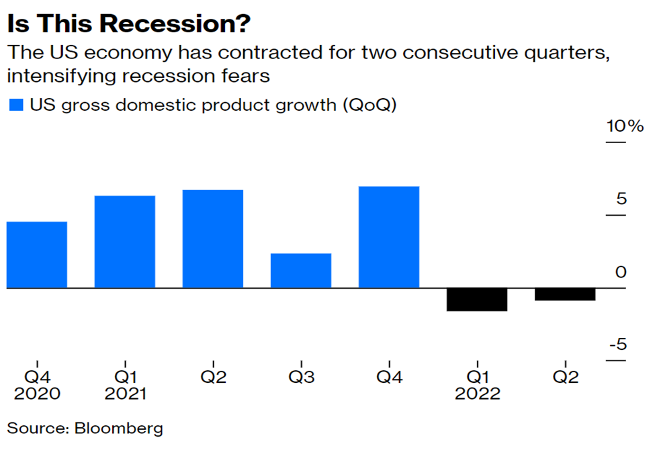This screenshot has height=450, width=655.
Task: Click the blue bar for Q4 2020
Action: [37, 255]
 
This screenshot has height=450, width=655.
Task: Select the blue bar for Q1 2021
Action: [125, 242]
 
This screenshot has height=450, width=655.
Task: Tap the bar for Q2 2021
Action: [213, 238]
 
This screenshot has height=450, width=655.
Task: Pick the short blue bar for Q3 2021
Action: [301, 271]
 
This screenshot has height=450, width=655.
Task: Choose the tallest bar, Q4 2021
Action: [389, 237]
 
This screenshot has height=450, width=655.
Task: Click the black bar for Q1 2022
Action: [477, 300]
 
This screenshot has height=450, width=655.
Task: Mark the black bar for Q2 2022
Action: [565, 294]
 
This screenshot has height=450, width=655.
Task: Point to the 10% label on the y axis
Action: [625, 126]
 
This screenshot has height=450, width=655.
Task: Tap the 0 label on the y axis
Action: [620, 272]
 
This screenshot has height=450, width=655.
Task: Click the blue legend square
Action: [15, 105]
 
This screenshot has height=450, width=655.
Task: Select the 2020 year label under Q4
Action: [37, 393]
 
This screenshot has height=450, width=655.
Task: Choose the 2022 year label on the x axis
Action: [477, 393]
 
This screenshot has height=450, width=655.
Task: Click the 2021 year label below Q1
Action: [125, 393]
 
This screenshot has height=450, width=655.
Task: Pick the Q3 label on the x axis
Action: [301, 377]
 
